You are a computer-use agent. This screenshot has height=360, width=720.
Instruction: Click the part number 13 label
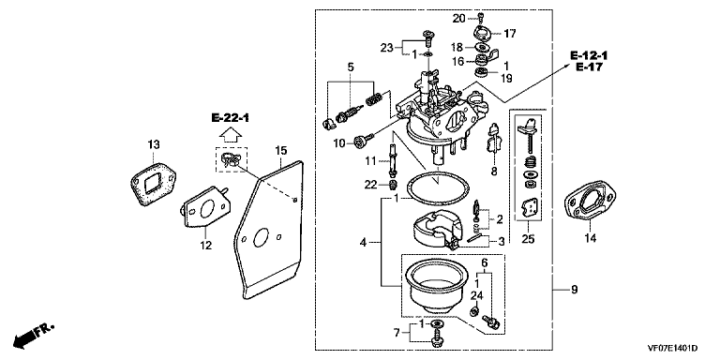tap(154, 144)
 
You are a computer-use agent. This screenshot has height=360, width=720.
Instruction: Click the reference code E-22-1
tap(231, 118)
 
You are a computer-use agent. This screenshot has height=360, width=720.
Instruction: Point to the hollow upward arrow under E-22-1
tap(231, 135)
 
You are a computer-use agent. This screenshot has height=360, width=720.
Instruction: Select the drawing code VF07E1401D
tap(673, 349)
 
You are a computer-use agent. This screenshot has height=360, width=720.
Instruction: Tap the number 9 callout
tap(575, 290)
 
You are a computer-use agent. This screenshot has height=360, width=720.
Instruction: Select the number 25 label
tap(528, 239)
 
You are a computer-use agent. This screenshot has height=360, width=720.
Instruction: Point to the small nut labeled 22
tap(393, 185)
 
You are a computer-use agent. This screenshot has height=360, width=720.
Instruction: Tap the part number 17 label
tap(510, 34)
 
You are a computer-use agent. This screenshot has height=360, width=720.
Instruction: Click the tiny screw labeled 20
tap(480, 18)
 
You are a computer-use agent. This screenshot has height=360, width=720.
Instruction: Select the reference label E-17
tap(589, 67)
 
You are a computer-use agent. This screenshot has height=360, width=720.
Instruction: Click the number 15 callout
tap(280, 150)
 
